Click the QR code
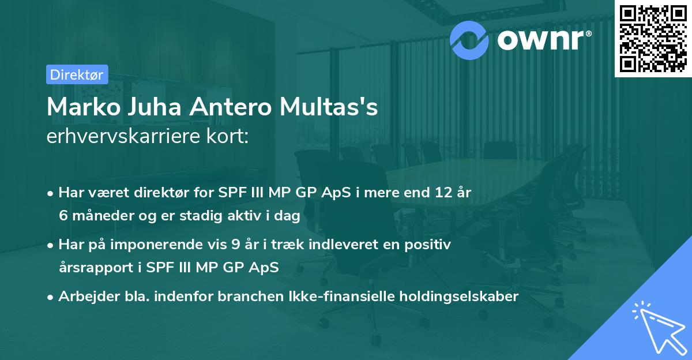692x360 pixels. (652, 38)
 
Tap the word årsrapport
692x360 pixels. (91, 268)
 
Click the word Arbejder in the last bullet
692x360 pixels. (85, 297)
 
